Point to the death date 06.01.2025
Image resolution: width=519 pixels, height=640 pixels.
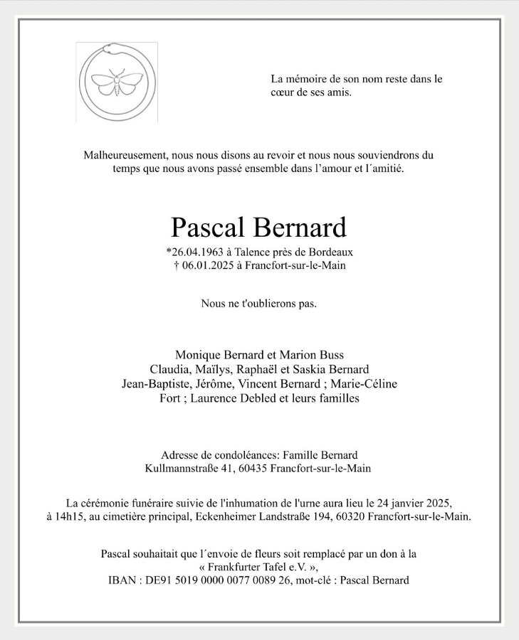click(x=208, y=265)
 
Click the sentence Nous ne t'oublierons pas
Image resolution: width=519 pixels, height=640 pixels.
click(x=259, y=304)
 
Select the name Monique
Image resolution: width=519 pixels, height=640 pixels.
click(x=196, y=354)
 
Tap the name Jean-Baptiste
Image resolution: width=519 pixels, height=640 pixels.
click(x=156, y=384)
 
